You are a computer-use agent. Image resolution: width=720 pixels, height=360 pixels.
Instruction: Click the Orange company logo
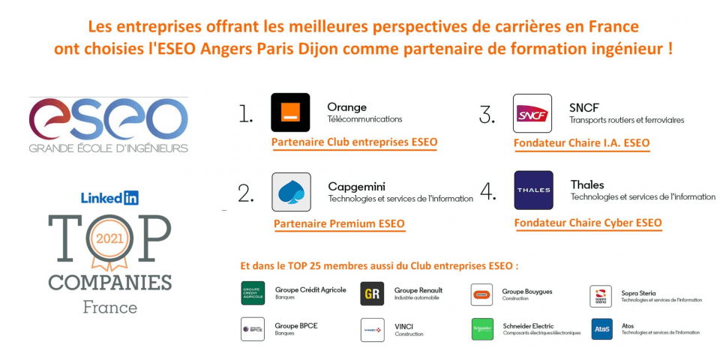290,112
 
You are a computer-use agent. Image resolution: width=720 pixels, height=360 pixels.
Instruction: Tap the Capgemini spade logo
291,192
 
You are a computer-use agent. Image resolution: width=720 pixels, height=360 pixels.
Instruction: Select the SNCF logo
532,113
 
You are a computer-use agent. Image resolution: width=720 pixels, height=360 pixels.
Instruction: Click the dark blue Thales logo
533,190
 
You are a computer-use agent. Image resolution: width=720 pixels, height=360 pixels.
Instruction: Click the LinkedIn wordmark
109,198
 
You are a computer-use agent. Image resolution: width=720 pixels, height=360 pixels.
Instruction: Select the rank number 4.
487,193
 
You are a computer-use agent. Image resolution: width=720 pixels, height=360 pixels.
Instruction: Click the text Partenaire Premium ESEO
339,224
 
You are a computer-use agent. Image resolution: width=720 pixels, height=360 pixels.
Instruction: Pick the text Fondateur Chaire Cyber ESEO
588,223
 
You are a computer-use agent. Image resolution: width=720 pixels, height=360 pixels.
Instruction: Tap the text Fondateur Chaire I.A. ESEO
582,143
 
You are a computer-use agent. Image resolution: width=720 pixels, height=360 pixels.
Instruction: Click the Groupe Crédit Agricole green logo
253,293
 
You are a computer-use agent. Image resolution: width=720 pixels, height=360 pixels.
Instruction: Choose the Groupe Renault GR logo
372,293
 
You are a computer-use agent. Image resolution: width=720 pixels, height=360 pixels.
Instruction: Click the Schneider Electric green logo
482,329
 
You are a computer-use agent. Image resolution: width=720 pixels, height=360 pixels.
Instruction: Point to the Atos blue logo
601,328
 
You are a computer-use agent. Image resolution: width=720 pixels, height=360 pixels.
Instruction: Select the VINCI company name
403,326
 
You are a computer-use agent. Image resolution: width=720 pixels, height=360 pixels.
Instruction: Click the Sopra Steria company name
638,293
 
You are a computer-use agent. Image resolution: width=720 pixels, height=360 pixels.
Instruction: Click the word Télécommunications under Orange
364,119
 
